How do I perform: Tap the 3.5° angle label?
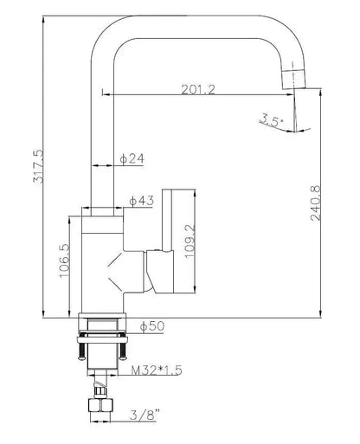270,122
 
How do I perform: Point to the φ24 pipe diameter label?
131,159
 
